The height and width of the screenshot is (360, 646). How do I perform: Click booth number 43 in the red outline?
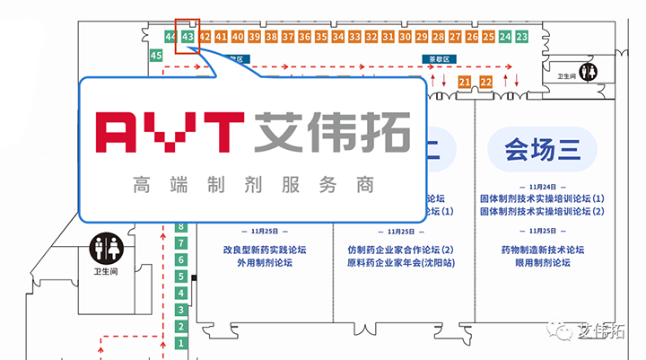click(x=188, y=37)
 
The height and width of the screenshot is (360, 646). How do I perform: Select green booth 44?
click(x=170, y=37)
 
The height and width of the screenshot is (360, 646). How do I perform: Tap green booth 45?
click(x=156, y=56)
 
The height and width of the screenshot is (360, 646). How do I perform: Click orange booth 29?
click(x=421, y=37)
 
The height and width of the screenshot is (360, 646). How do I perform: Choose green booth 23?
click(x=521, y=37)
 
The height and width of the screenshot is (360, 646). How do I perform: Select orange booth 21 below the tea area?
click(x=464, y=82)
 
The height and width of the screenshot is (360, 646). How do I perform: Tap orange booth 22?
click(x=486, y=82)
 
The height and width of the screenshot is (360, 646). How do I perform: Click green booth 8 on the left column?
click(x=180, y=227)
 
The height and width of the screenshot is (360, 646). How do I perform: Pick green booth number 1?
click(x=180, y=343)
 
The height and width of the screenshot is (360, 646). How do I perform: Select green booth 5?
click(x=180, y=277)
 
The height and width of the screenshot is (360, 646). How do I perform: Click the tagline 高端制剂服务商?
click(x=251, y=186)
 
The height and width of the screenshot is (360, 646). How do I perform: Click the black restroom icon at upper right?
click(x=589, y=69)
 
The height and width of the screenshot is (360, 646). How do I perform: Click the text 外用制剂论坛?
click(x=265, y=263)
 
